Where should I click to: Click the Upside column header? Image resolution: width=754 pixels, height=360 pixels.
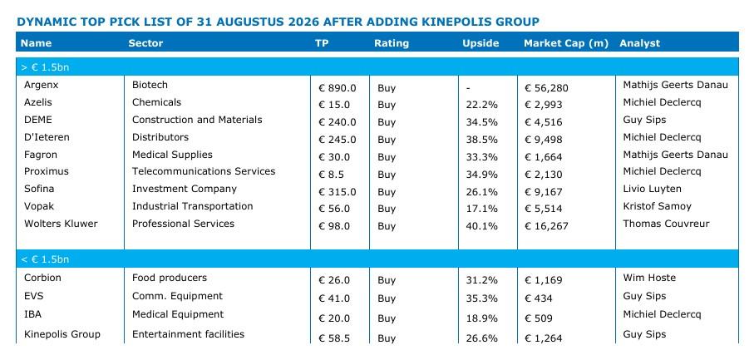pos(480,43)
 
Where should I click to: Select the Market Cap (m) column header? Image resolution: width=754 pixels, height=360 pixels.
pos(566,43)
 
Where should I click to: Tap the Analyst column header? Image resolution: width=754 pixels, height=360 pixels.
pos(639,43)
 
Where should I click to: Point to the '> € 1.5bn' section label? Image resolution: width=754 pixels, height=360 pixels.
pos(45,67)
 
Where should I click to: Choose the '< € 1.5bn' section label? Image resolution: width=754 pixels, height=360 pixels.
pos(45,259)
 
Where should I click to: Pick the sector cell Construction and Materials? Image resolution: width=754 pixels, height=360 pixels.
pos(197,120)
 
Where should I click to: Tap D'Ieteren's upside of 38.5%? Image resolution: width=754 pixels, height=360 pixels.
pos(482,140)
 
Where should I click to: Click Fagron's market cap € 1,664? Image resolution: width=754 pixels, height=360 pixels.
pos(544,157)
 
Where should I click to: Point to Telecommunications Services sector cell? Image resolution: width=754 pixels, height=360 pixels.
pos(204,171)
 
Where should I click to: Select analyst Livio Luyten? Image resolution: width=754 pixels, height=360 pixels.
pos(652,189)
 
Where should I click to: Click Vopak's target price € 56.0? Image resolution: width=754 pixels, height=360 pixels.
pos(334,209)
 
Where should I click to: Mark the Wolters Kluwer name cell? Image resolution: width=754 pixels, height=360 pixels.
pos(61,224)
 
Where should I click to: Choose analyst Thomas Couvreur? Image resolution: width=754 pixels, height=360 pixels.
pos(666,224)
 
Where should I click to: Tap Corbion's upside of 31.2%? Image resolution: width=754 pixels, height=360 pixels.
pos(482,280)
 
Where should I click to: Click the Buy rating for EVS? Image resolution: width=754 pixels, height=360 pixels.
pos(387,298)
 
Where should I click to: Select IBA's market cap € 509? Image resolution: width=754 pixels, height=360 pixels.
pos(539,318)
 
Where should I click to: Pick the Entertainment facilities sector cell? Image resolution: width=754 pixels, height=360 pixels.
pos(188,334)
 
